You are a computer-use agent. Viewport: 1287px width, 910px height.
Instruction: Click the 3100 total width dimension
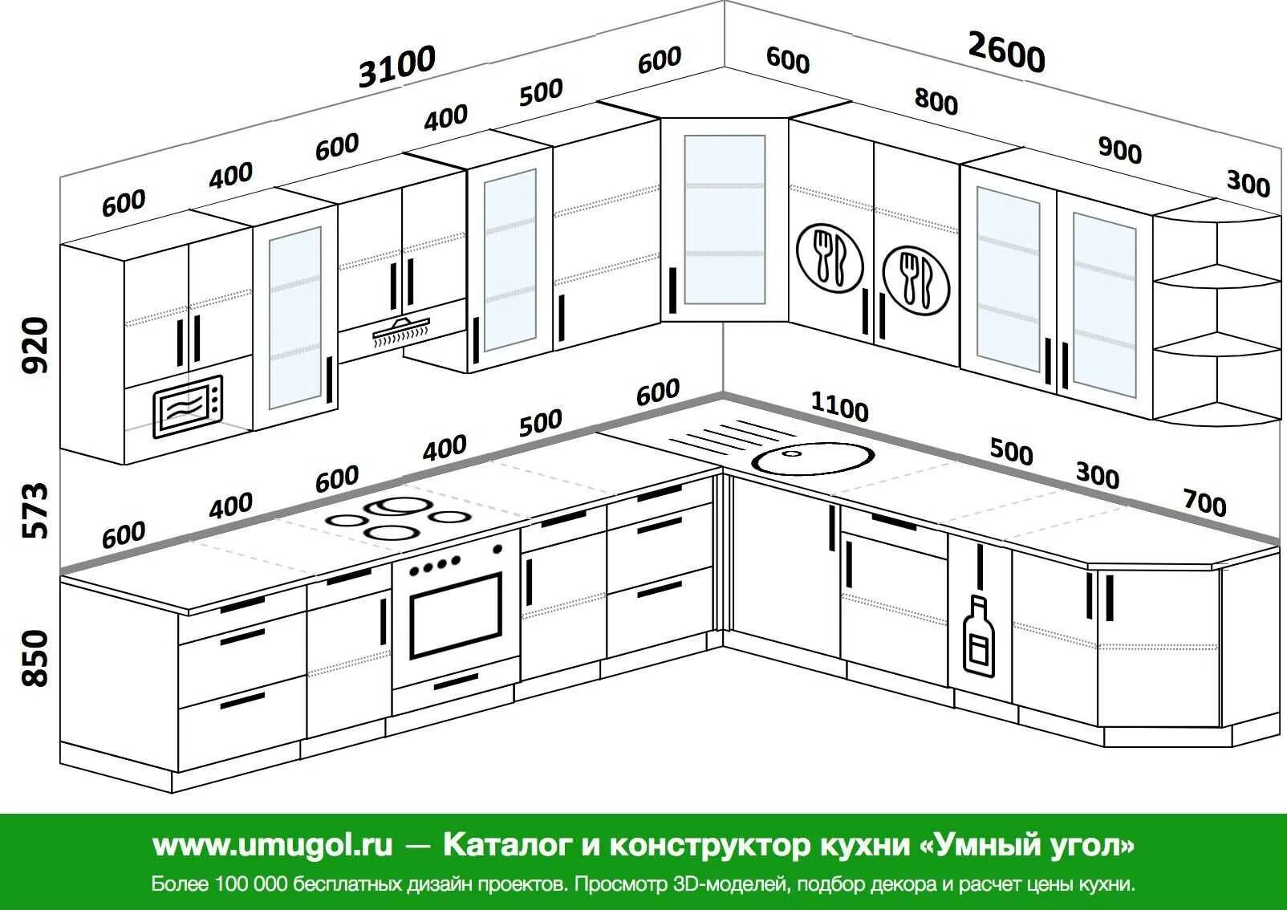point(397,66)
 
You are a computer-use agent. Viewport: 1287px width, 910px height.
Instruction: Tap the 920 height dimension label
point(35,345)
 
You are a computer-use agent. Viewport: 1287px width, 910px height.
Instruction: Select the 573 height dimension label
point(35,510)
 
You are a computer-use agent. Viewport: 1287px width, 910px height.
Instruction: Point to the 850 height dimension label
point(35,658)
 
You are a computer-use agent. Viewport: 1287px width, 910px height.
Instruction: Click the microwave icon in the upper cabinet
point(188,407)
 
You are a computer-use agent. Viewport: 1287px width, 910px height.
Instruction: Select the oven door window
point(456,614)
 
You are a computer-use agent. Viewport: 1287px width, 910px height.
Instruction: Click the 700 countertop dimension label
point(1204,503)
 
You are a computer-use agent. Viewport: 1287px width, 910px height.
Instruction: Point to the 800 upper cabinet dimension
point(936,102)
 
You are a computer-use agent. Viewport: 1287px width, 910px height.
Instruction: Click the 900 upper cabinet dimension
point(1119,149)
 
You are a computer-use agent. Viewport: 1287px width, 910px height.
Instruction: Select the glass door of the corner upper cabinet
point(725,220)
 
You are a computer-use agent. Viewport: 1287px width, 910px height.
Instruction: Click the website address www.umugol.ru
point(273,845)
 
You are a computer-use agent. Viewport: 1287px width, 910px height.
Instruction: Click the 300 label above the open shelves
point(1248,184)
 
